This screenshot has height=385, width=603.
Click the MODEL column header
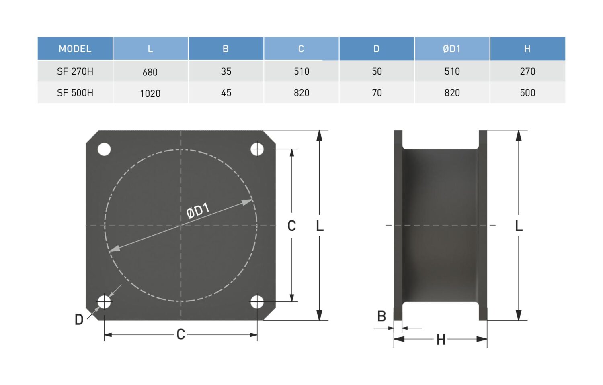click(75, 49)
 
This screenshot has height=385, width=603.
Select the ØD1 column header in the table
click(452, 49)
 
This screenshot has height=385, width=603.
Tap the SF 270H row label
click(75, 71)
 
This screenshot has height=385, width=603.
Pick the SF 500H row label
click(75, 93)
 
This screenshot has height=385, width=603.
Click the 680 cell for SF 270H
click(150, 72)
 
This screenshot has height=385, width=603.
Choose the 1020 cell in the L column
click(150, 94)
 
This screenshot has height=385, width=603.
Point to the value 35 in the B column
click(226, 71)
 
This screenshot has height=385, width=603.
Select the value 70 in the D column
click(377, 93)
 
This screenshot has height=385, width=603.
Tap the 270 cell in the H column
click(527, 71)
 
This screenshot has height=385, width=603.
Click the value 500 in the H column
click(527, 93)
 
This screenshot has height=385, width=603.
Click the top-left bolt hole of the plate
click(104, 149)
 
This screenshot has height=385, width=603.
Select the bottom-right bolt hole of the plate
click(257, 302)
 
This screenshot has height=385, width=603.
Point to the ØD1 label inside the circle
click(198, 211)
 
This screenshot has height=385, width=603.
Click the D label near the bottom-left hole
click(79, 320)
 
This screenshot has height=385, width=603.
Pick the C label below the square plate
click(180, 334)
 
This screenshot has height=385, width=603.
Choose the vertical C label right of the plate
click(291, 226)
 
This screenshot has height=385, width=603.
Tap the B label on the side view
click(381, 316)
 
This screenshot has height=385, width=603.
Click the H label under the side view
click(441, 340)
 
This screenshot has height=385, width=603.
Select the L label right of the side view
click(519, 226)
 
